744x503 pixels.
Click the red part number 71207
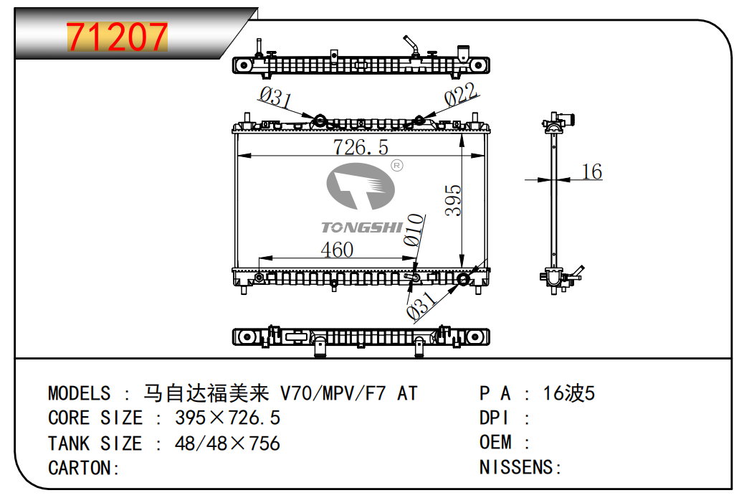point(117,37)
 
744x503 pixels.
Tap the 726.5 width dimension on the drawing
point(360,147)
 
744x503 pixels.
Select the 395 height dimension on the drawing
point(453,200)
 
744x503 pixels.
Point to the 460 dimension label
point(336,250)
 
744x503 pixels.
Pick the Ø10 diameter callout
point(414,230)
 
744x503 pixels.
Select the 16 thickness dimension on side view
point(591,171)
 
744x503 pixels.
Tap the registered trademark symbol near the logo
point(396,166)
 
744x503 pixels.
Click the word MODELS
point(79,393)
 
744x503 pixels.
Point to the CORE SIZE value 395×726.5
point(227,418)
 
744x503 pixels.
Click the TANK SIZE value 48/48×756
point(227,443)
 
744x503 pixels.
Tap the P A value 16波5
point(569,393)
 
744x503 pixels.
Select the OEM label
point(495,443)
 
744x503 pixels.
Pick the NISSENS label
point(516,468)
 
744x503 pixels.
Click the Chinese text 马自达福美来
point(206,393)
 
